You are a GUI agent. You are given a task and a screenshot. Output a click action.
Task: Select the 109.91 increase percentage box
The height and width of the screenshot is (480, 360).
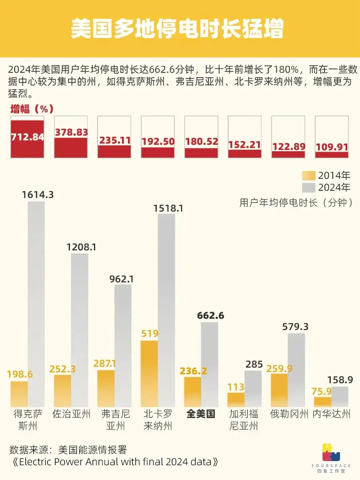332,137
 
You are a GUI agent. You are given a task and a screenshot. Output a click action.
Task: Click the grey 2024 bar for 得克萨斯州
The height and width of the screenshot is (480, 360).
36,304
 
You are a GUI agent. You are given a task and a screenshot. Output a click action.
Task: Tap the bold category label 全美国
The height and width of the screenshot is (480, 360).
201,414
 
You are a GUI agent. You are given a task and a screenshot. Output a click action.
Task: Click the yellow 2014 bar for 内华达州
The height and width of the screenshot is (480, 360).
322,402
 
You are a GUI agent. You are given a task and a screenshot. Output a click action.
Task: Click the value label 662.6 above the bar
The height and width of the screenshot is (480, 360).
210,316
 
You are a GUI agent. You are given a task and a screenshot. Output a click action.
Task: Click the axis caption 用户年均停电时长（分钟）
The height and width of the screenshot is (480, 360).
296,202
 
